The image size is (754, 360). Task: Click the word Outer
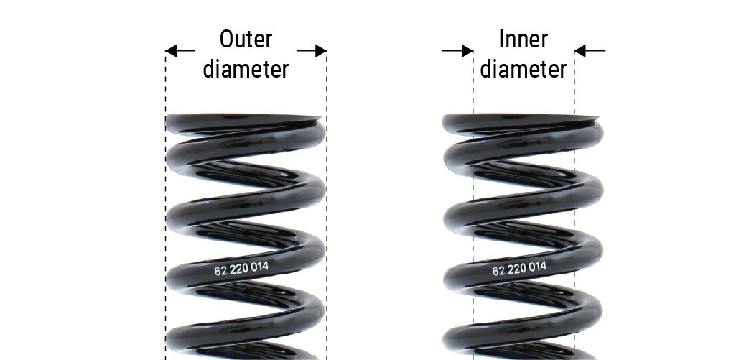[246, 39]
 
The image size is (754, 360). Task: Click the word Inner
[523, 39]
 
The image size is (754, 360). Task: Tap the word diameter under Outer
[246, 69]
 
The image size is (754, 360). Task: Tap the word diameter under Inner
[523, 69]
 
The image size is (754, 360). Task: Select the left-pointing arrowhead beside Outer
[171, 51]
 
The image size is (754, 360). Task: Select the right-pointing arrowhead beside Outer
[321, 51]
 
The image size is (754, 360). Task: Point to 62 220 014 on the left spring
[242, 269]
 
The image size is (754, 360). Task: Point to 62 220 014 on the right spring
[519, 269]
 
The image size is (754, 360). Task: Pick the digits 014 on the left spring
[260, 267]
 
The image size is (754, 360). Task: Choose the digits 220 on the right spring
[518, 269]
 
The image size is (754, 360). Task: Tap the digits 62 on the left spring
[220, 272]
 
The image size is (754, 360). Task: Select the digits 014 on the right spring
[537, 267]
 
